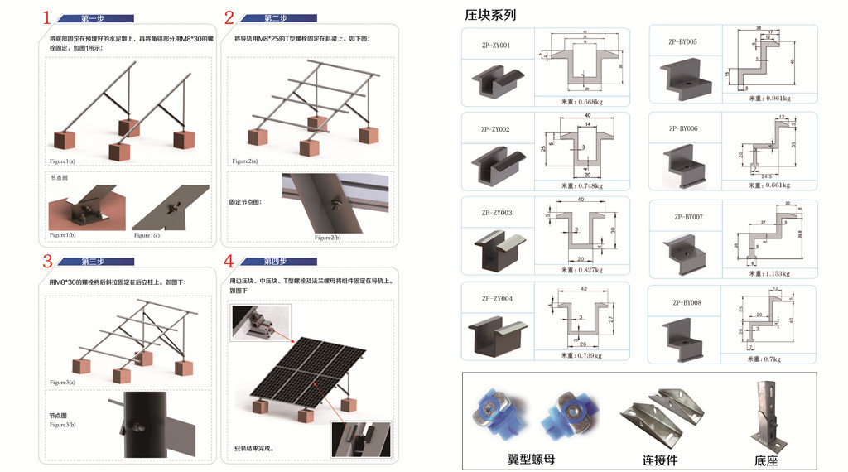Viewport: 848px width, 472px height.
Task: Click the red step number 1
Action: [47, 17]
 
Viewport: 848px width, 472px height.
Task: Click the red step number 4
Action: [229, 262]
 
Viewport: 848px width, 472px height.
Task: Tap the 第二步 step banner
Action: [276, 17]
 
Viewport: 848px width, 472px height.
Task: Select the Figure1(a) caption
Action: [62, 160]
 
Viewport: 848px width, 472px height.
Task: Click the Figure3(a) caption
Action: [62, 382]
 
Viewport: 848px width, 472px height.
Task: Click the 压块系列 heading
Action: [490, 14]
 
